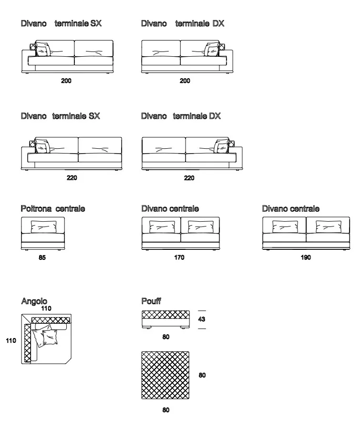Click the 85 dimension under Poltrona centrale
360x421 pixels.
coord(42,257)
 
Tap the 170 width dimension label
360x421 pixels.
coord(179,257)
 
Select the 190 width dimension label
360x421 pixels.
coord(306,257)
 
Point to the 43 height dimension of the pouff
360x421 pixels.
coord(201,319)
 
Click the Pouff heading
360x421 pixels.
coord(151,301)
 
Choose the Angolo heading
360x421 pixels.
coord(34,301)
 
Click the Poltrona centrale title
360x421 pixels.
coord(53,209)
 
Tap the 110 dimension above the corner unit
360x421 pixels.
coord(46,308)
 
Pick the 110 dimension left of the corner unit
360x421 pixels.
coord(11,340)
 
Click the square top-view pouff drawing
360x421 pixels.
coord(165,375)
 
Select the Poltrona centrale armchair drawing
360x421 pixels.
coord(43,234)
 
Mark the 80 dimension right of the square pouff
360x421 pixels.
coord(202,375)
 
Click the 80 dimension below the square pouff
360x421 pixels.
coord(165,410)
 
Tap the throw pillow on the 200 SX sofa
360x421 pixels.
coord(42,49)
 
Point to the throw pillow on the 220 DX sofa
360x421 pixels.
coord(221,146)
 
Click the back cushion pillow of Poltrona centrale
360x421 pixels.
coord(44,226)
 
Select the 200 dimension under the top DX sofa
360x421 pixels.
coord(185,81)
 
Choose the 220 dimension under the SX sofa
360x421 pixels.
coord(72,178)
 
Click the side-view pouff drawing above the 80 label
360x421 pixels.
coord(165,319)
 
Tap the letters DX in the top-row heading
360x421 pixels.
coord(218,23)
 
